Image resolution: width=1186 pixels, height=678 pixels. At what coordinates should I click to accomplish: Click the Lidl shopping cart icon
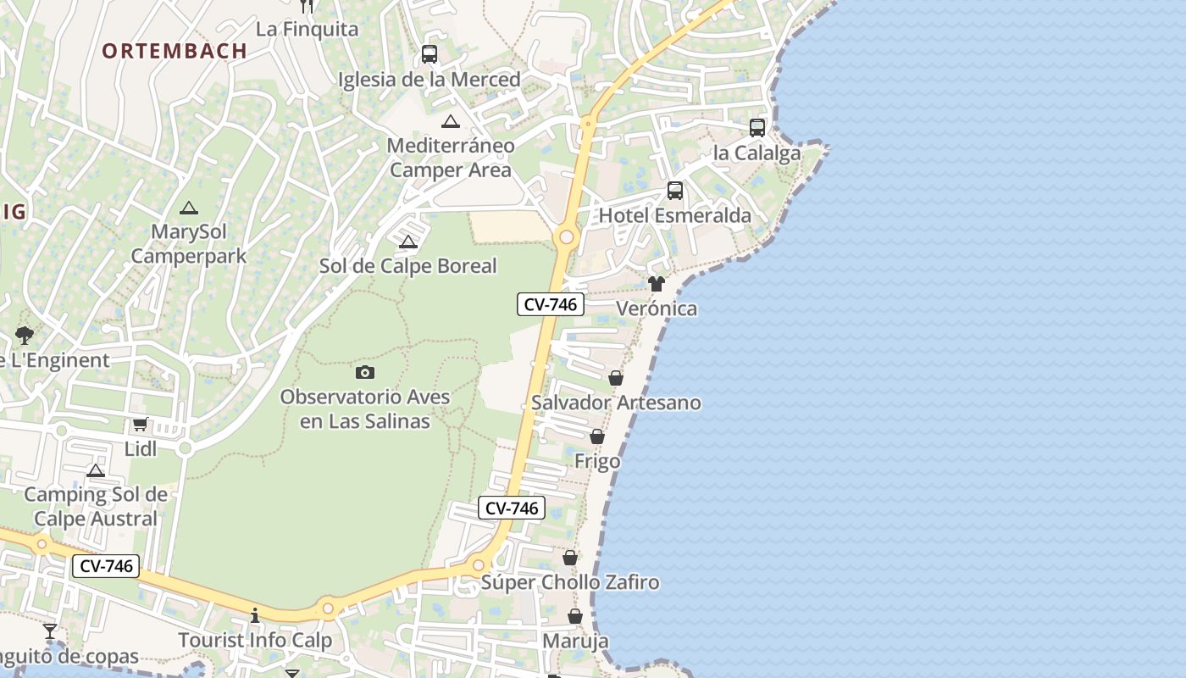coord(140,425)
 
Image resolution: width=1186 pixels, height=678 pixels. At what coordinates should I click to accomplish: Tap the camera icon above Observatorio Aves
coord(365,372)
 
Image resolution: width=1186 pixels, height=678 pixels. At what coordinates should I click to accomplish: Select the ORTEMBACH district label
coord(175,51)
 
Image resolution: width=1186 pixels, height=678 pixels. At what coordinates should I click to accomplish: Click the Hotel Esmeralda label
coord(675,215)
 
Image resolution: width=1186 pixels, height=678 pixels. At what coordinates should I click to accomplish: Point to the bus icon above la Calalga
coord(757,128)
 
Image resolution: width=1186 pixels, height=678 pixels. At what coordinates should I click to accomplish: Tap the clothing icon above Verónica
coord(657,284)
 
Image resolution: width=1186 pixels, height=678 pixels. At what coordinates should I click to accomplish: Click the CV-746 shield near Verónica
coord(551,304)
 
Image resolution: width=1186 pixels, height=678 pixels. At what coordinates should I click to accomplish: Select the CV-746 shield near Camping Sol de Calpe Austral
coord(105,566)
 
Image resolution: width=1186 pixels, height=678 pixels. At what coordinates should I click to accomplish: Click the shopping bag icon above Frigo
coord(597,437)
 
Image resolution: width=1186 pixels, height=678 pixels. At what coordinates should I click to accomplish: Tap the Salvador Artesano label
coord(616,403)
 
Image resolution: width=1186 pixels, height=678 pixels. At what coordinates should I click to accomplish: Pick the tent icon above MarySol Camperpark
coord(189,208)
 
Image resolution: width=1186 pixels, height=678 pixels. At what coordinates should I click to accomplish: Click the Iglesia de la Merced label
coord(430,80)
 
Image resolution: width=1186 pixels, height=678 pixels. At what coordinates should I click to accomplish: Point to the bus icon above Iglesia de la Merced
coord(430,54)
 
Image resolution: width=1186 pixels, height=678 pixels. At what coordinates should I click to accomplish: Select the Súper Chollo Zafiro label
coord(570,582)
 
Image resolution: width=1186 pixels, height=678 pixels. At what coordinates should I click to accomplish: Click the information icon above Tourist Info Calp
coord(255,615)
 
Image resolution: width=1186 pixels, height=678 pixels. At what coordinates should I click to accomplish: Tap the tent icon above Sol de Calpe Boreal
coord(408,242)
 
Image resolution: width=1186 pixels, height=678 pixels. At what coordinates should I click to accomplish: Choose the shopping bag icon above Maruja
coord(575,616)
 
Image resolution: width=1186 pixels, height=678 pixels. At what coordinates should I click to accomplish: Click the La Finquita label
coord(307,29)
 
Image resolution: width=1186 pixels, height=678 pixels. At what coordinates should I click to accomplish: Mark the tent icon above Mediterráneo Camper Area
coord(451,121)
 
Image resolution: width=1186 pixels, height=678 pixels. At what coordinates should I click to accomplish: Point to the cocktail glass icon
coord(51,631)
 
